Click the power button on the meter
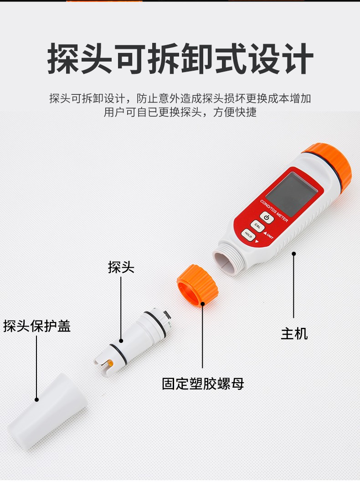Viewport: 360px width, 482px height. (x=267, y=218)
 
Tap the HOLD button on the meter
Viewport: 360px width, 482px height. (x=248, y=235)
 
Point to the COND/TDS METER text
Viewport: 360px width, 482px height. (x=274, y=211)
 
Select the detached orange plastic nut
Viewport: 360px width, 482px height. (x=197, y=285)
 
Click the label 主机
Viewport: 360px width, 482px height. (x=294, y=334)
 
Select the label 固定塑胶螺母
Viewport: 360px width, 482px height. (x=203, y=384)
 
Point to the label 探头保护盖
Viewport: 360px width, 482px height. (x=37, y=326)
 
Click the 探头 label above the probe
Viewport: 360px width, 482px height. (x=121, y=267)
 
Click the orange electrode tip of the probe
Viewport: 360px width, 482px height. (x=111, y=365)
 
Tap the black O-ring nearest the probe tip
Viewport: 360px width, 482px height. (x=117, y=352)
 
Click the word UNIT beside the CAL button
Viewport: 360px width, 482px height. (x=270, y=235)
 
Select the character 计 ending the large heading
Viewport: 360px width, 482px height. (x=297, y=59)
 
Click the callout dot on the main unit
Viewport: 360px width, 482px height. (x=293, y=254)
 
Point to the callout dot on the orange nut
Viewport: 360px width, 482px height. (x=202, y=304)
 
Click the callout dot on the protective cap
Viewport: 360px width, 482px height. (x=36, y=399)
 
